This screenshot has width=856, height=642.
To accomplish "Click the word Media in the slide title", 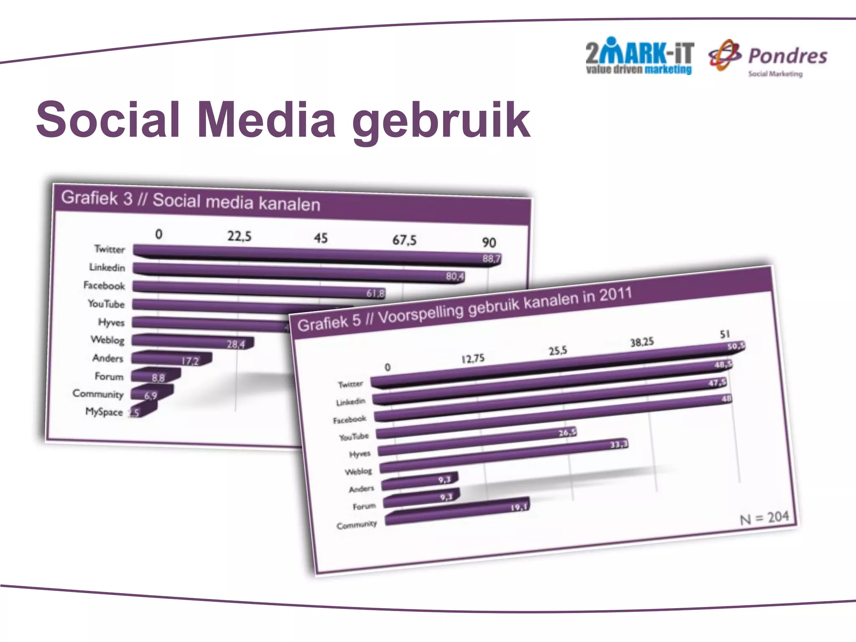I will pos(267,120).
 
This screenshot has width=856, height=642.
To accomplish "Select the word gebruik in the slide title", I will pos(441,122).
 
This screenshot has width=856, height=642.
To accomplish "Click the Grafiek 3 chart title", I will pos(191,201).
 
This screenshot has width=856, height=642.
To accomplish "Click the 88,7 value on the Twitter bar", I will pos(491,259).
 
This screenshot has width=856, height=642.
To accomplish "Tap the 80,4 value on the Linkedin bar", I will pos(455,276).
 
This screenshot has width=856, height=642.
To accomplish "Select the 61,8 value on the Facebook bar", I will pos(375,293).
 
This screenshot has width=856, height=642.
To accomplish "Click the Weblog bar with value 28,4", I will pos(192,342).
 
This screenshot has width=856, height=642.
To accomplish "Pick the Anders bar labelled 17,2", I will pos(171,359).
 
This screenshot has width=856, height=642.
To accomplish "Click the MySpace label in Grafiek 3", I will pos(104,412).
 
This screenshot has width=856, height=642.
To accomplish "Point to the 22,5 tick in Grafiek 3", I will pos(239,237).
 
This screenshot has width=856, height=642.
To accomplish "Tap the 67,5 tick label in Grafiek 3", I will pos(404,240).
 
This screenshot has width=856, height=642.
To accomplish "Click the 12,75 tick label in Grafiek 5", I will pos(473,359).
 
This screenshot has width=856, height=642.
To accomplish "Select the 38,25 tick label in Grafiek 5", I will pos(642,342).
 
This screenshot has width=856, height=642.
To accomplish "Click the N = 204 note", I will pos(764,518).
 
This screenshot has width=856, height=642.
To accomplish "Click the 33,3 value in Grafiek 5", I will pos(619,445).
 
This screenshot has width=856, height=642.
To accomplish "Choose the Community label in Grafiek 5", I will pos(357,525).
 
